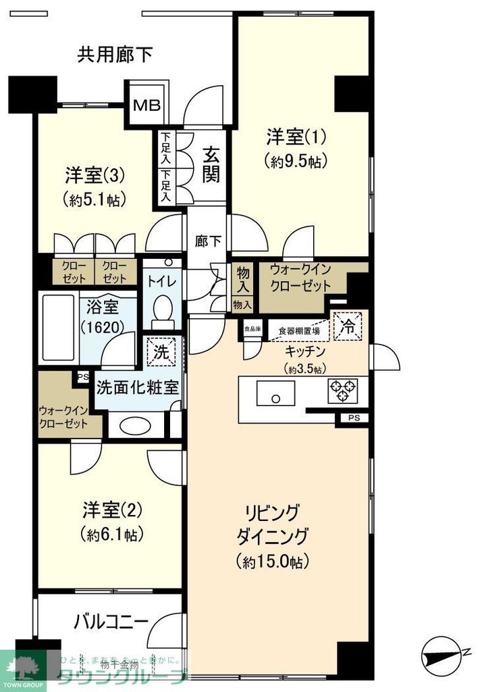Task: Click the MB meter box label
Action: pos(147,105)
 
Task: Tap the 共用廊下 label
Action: pos(115,53)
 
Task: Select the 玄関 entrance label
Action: pos(211,165)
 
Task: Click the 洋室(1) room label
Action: pos(296,137)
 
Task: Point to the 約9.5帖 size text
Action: pos(296,161)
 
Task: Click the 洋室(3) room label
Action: pos(95,176)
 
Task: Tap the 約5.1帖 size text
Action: pos(95,199)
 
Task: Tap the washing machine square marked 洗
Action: pos(161,352)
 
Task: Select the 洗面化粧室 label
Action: pos(137,388)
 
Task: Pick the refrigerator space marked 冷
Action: pos(348,326)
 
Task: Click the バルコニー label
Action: pos(111,620)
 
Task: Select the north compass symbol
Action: pos(445,653)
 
